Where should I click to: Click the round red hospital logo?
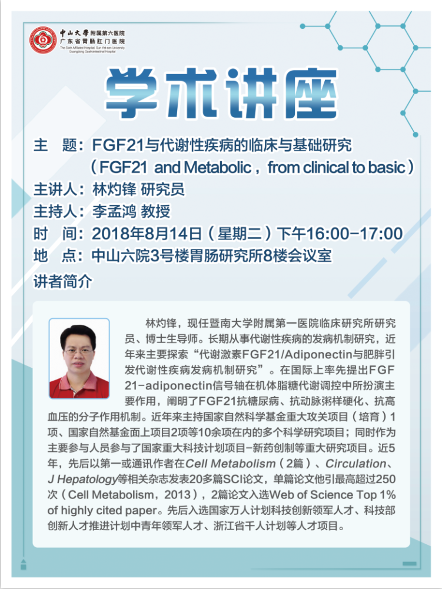coord(43,40)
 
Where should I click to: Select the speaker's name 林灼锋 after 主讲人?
coord(114,189)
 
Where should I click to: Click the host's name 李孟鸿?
coord(114,211)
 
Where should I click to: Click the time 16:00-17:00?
coord(354,234)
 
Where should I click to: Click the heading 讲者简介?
coord(63,281)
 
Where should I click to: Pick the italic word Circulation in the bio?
coord(355,464)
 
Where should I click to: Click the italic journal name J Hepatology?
coord(82,480)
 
